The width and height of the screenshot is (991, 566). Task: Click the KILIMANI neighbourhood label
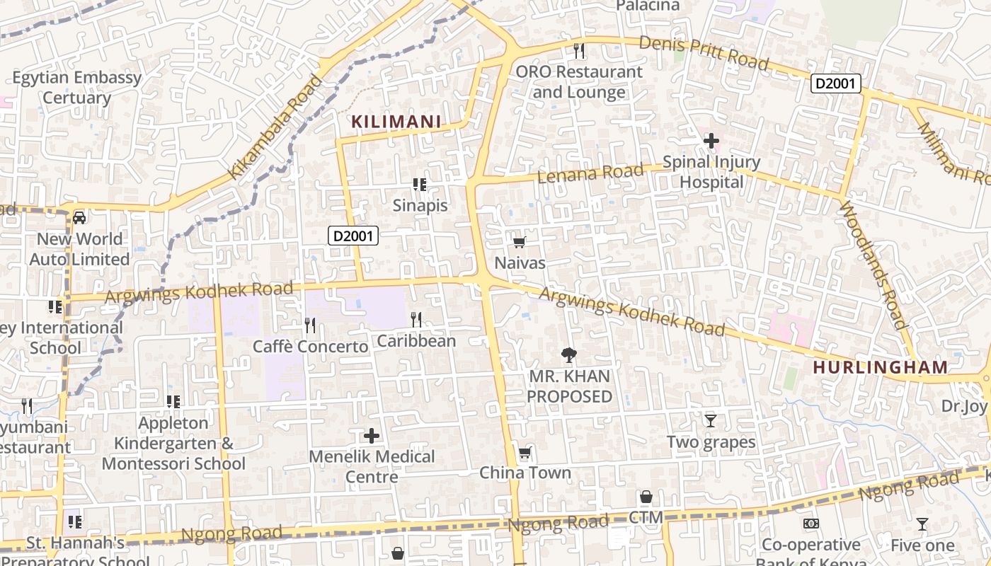[396, 122]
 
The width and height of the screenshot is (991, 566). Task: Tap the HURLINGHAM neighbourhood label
[880, 367]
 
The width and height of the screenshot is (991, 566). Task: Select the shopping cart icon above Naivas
[519, 243]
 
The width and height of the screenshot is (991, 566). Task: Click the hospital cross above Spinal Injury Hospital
[711, 141]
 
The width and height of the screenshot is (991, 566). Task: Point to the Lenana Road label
[590, 173]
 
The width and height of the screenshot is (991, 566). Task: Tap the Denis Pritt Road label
[704, 52]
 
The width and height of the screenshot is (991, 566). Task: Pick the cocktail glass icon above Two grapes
[711, 421]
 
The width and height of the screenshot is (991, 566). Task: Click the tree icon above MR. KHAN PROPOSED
[568, 355]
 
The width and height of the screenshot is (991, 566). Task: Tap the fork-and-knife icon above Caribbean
[416, 320]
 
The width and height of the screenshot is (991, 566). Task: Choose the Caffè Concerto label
[311, 347]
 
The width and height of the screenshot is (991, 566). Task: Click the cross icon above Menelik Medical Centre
[372, 436]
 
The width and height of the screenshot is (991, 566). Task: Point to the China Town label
[525, 473]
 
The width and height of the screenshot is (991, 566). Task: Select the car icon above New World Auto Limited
[79, 218]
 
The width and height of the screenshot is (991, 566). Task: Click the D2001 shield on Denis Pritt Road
[835, 84]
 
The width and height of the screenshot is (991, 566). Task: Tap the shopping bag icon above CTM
[646, 497]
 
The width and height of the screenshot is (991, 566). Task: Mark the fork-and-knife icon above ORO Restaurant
[579, 51]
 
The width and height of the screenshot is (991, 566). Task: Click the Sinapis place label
[420, 205]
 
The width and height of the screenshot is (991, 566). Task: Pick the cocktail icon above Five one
[922, 524]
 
